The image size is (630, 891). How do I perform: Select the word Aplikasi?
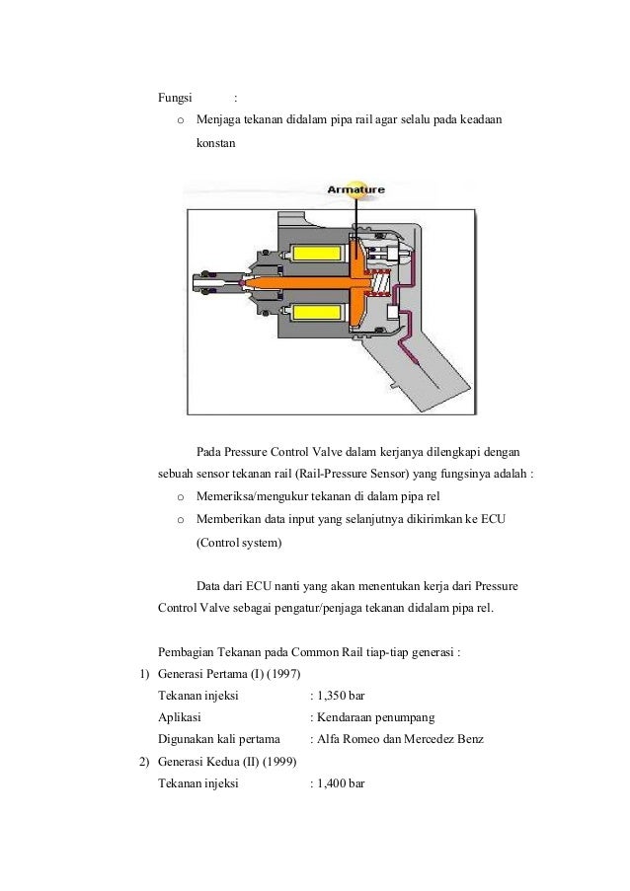coord(180,717)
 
